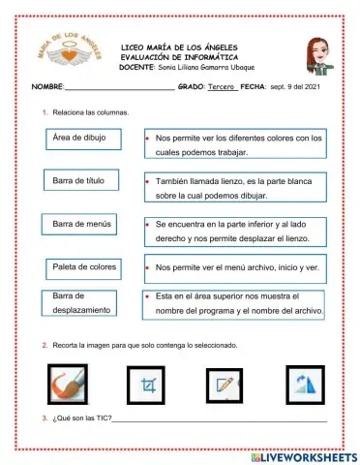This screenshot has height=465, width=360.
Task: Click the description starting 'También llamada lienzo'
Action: click(232, 187)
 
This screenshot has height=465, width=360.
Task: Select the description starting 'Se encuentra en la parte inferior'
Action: click(232, 230)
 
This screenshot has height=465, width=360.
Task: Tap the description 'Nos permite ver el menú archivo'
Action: click(232, 266)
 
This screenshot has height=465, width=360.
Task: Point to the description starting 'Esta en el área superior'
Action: click(232, 302)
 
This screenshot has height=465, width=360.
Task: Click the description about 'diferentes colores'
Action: click(232, 145)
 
